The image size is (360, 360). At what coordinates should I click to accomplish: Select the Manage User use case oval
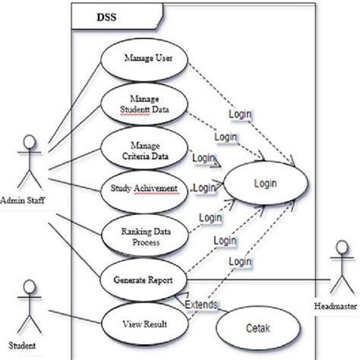coord(144,57)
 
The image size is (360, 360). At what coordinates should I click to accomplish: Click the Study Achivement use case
coord(144,188)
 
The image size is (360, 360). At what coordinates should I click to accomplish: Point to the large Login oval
coord(266,184)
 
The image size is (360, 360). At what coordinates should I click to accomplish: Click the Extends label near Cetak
coord(201,305)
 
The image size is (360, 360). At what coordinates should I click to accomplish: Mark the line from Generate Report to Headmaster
coord(251,279)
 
